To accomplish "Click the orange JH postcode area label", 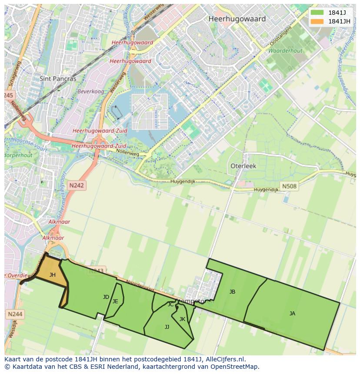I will (x=53, y=275).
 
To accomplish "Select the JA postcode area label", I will (x=292, y=313).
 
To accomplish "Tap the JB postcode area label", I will (x=232, y=292).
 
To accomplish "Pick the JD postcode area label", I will (x=106, y=297).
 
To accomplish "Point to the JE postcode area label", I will (x=115, y=301).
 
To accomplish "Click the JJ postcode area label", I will (x=167, y=327).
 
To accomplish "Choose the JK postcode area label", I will (x=182, y=319).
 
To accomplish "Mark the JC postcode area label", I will (x=170, y=304).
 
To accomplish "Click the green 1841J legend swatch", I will (x=317, y=13).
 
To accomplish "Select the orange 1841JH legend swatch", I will (x=317, y=21).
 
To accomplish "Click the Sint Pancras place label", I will (x=58, y=79).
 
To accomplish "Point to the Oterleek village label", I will (x=243, y=166).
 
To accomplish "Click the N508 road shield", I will (x=289, y=186).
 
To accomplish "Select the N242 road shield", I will (x=77, y=185).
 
